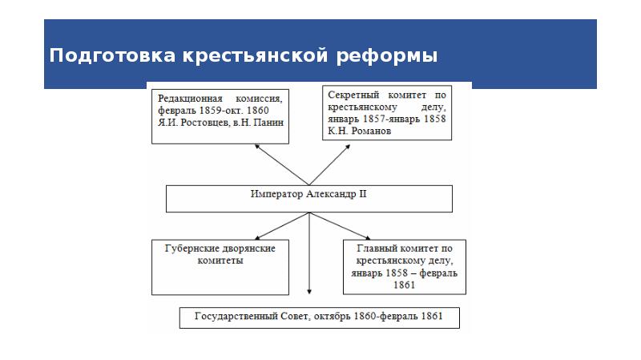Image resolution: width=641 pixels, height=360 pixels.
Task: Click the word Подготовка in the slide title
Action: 112,55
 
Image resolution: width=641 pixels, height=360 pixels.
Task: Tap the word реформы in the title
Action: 387,56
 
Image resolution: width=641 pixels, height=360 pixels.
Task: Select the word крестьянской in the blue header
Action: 255,55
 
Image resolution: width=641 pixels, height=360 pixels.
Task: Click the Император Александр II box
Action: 309,199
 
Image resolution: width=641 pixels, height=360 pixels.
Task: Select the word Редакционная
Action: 190,99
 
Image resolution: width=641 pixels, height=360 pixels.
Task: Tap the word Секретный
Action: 353,95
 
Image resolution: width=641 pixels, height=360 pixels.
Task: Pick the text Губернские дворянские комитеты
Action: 220,254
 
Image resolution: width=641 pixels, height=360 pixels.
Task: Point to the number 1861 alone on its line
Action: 405,285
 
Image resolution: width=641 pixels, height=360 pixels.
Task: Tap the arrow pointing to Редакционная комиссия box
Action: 282,164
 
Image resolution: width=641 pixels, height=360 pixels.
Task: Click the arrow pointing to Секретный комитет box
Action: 330,164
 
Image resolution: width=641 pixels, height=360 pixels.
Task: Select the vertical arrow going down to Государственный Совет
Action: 309,253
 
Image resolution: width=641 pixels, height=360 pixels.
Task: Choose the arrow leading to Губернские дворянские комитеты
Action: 282,226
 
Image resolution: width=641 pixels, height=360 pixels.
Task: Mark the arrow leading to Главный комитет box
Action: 340,226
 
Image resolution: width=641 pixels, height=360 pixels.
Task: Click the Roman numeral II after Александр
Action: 363,194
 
